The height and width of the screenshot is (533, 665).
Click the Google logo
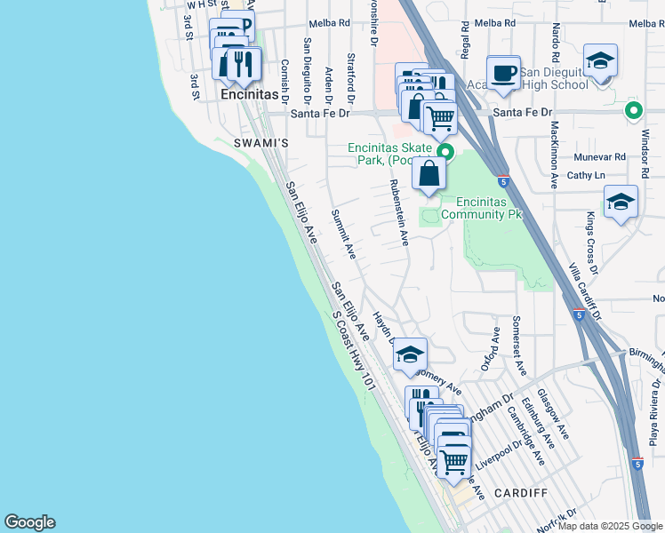tap(29, 522)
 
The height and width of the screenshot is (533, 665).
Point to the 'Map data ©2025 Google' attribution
tap(609, 526)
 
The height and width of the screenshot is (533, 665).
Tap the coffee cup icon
tap(504, 73)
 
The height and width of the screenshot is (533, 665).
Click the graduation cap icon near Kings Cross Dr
tap(620, 202)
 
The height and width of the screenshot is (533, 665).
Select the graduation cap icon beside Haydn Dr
tap(410, 354)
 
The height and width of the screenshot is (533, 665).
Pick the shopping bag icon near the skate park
tap(429, 171)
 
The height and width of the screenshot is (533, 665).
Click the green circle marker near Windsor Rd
tap(633, 111)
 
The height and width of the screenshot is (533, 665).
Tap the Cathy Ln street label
tap(585, 176)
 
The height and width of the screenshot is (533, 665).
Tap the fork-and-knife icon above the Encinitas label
tap(242, 63)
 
